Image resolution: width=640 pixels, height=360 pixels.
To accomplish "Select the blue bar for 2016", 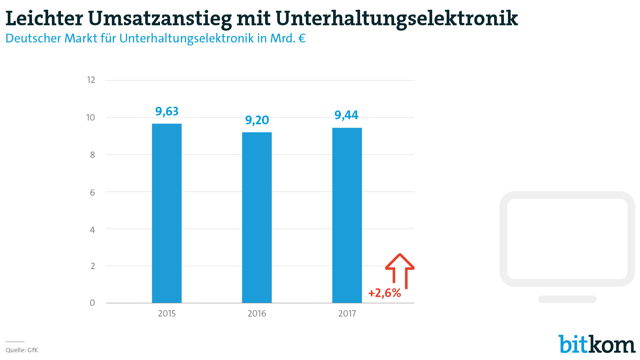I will click(257, 218).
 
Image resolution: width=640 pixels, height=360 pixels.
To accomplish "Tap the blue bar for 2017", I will click(347, 215).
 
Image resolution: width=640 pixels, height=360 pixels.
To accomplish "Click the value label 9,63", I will click(167, 111).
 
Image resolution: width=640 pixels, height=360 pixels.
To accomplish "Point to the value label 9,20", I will click(257, 120).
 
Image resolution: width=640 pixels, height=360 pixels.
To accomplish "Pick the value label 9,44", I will click(346, 115).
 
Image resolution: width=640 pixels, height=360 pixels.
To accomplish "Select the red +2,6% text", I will click(385, 293).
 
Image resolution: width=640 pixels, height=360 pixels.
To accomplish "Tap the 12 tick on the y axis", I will click(91, 80).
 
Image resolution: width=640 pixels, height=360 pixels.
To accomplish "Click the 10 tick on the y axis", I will click(91, 118).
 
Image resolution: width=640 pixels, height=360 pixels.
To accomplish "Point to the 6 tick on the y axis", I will click(92, 193).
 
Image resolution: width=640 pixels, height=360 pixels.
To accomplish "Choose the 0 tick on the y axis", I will click(92, 303).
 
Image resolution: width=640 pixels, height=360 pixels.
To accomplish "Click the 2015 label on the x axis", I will click(167, 314).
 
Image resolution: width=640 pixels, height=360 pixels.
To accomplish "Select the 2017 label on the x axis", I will click(347, 314).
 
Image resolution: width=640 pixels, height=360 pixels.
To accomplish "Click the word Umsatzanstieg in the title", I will click(160, 19).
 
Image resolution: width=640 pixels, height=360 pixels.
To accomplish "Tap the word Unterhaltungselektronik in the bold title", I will click(396, 18).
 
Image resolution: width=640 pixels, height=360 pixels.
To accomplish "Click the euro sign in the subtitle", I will click(302, 38).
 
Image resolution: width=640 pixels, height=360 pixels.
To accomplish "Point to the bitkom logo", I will click(597, 344).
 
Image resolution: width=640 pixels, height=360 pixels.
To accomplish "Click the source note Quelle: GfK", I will click(22, 350).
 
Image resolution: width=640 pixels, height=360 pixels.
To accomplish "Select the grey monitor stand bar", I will click(567, 299).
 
